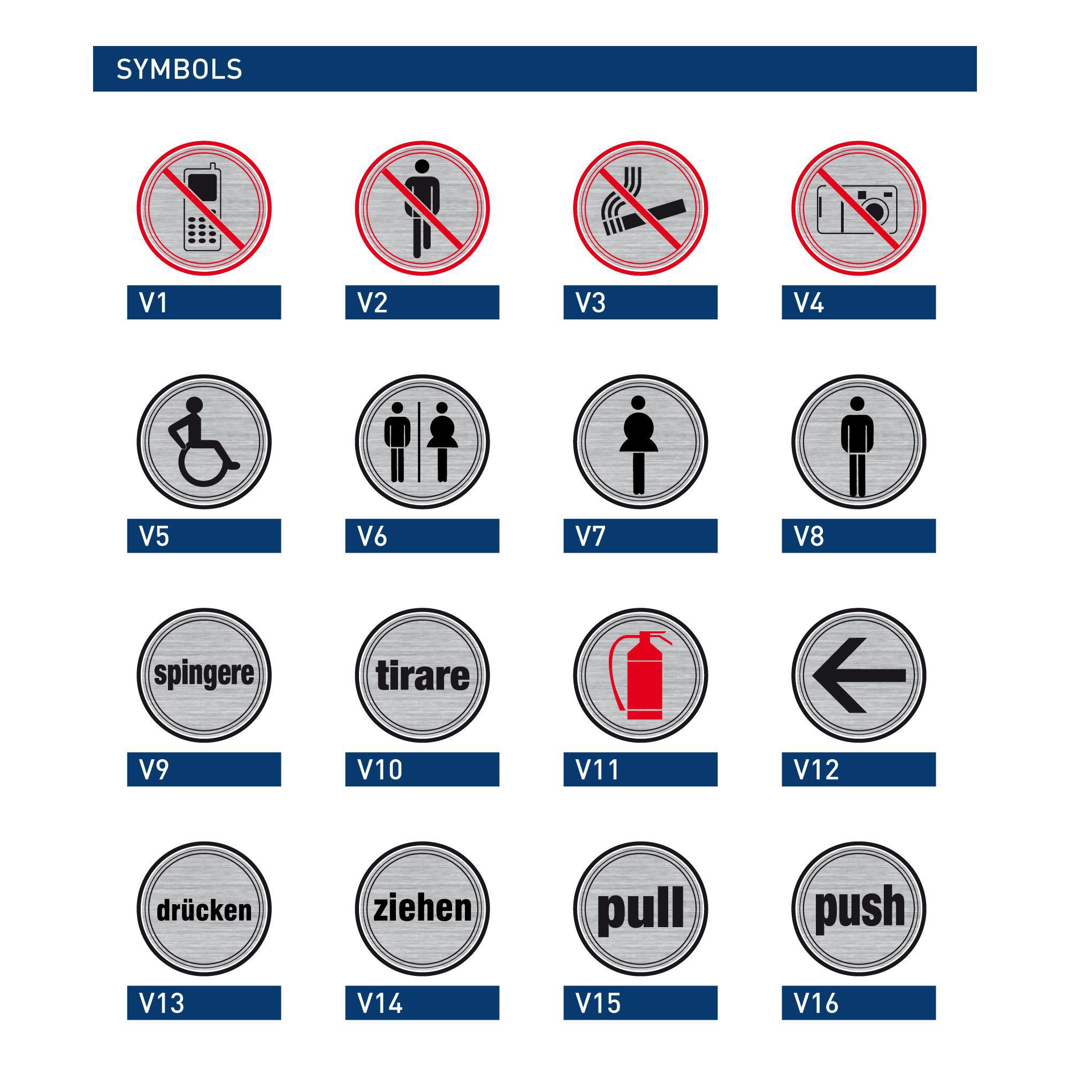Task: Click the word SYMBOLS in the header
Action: click(179, 69)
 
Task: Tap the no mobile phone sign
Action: click(204, 208)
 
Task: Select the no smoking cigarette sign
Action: click(640, 208)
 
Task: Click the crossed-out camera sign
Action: click(859, 208)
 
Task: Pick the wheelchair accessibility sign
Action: click(204, 442)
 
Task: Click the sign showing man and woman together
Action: click(422, 442)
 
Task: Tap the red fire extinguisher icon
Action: click(640, 675)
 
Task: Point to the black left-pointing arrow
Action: click(859, 675)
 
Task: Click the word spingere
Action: click(204, 674)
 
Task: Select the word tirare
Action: click(422, 675)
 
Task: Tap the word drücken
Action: click(204, 910)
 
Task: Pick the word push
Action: click(859, 908)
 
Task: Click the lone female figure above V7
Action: click(638, 445)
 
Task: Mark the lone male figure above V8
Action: click(857, 446)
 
